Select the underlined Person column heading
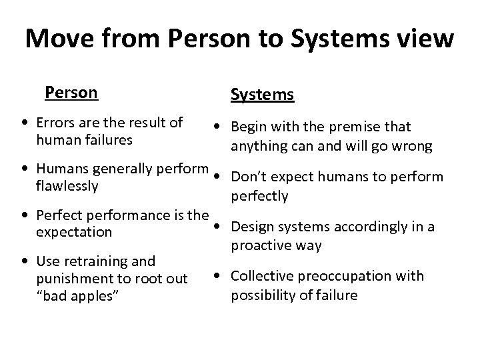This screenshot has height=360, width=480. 71,92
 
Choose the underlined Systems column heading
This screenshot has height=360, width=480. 262,95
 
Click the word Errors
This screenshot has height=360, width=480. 57,123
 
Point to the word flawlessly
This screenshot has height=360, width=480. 67,186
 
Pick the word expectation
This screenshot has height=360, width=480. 74,233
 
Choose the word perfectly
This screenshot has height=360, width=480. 259,196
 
